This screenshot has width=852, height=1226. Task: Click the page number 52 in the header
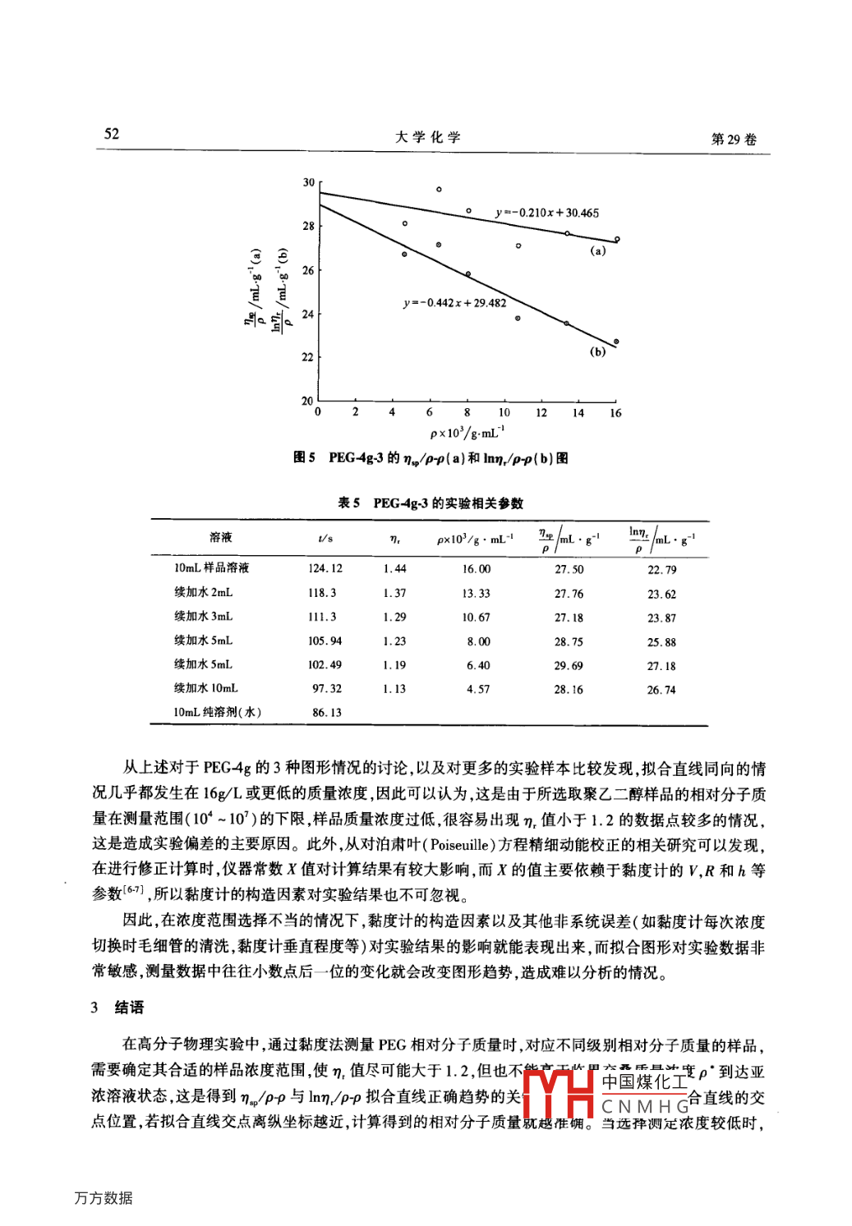click(112, 134)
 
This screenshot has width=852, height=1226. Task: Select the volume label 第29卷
click(734, 139)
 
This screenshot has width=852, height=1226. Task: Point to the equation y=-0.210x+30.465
click(547, 213)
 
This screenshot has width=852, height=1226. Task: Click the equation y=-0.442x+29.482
click(454, 303)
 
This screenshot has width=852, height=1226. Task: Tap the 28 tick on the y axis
click(308, 226)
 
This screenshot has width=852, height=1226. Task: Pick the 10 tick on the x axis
click(504, 412)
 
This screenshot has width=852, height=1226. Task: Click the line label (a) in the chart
click(598, 251)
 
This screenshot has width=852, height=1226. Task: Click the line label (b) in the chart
click(597, 351)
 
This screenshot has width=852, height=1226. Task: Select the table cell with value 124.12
click(325, 568)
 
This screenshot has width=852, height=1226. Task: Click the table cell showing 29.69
click(569, 666)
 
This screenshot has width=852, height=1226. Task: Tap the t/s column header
click(325, 539)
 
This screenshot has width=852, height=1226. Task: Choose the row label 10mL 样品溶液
click(211, 568)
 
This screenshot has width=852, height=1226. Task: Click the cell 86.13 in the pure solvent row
click(326, 713)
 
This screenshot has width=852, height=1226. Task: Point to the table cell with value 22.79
click(661, 570)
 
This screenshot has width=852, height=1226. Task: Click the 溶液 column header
click(220, 538)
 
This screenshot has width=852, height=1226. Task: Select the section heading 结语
click(129, 1008)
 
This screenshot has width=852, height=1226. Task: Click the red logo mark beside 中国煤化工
click(559, 1094)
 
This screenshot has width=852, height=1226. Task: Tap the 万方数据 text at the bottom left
click(104, 1198)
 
